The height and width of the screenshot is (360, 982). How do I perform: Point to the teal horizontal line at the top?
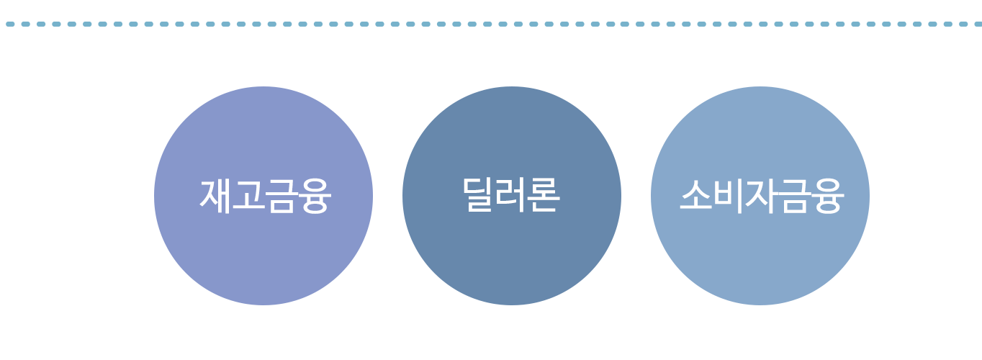(x=491, y=24)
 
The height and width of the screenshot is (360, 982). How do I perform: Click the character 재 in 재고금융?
(x=215, y=195)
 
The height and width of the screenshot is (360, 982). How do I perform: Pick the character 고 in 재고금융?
(x=248, y=195)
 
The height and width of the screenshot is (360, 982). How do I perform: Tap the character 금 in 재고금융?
(x=281, y=195)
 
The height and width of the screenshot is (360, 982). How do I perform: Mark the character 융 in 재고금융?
(x=313, y=195)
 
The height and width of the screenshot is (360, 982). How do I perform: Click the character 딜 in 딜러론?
(x=479, y=195)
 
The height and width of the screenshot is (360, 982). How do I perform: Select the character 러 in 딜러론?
(x=511, y=195)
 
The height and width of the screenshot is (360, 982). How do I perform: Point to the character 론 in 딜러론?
(x=544, y=195)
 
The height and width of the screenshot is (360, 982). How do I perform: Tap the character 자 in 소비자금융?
(x=760, y=195)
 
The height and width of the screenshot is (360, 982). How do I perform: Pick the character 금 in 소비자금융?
(x=793, y=195)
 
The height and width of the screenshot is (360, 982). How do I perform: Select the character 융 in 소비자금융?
(x=826, y=195)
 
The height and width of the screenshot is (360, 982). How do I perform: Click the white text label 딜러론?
(x=511, y=195)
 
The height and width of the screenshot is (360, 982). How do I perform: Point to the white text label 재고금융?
(x=264, y=195)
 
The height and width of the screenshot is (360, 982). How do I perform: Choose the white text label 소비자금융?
(x=760, y=195)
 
